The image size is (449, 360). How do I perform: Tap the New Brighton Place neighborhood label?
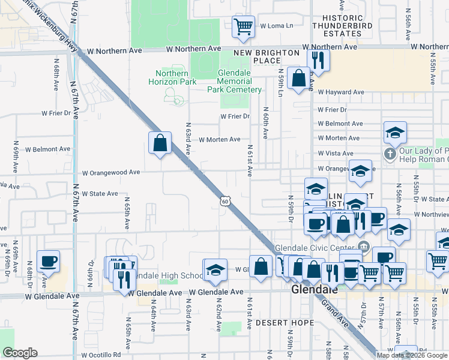[267, 56]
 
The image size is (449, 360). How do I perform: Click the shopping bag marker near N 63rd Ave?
[160, 143]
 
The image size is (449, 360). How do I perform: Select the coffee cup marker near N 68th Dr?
[49, 262]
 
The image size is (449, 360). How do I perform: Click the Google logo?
[20, 353]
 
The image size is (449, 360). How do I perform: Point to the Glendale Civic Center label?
[316, 247]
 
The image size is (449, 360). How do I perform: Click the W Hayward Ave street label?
[341, 92]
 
